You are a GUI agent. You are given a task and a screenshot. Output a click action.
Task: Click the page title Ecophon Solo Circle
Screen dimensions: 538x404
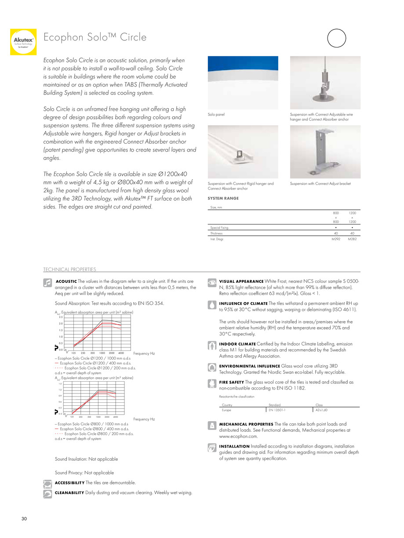95,37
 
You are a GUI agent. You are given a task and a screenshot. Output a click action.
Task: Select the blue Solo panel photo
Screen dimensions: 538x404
243,83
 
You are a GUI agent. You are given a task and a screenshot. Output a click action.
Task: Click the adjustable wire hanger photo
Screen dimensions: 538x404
325,83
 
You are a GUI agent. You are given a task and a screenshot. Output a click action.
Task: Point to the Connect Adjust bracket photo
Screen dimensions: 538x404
325,152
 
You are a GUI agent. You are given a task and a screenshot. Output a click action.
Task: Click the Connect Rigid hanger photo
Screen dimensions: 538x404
243,152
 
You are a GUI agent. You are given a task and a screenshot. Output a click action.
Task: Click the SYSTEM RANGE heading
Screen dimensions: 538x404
223,199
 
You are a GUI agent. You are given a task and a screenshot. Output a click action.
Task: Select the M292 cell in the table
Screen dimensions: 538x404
336,239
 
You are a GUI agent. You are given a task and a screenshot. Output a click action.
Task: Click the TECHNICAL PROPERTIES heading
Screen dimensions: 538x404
69,269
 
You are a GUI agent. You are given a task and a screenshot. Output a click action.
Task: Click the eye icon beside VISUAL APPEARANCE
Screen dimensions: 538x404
211,281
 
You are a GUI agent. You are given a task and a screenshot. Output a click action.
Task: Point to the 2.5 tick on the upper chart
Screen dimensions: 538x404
61,317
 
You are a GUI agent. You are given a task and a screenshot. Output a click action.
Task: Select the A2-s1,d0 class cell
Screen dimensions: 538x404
323,410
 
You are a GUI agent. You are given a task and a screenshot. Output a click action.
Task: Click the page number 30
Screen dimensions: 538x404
24,519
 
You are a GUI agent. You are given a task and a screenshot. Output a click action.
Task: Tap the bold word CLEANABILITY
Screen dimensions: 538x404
69,493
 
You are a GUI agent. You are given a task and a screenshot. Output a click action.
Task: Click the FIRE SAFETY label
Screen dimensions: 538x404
231,382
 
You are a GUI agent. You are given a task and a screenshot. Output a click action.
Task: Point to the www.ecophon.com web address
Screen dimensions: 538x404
238,436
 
